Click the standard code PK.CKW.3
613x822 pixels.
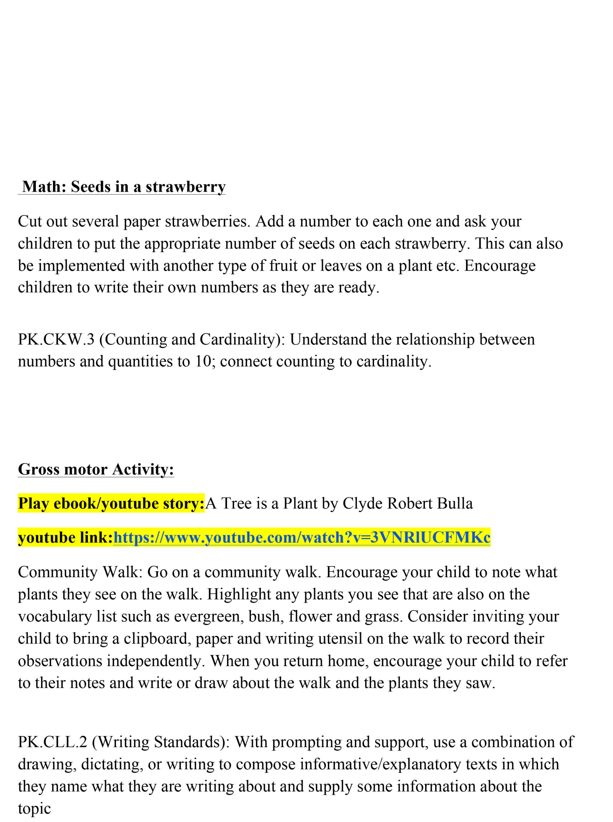(x=56, y=339)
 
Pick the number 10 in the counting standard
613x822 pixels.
(x=203, y=361)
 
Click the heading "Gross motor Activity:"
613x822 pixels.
(x=96, y=469)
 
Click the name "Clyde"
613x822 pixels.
(x=362, y=503)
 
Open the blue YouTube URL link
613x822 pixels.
(x=302, y=538)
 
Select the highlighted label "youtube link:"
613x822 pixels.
(x=65, y=538)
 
